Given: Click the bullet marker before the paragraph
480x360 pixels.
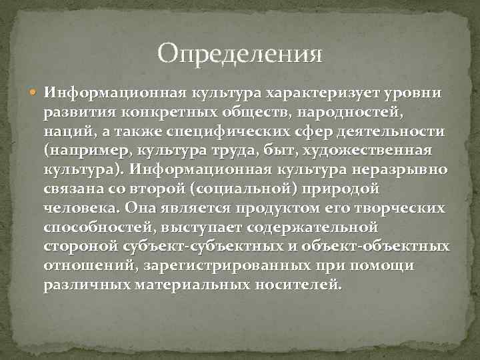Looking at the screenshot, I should (x=34, y=90).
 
